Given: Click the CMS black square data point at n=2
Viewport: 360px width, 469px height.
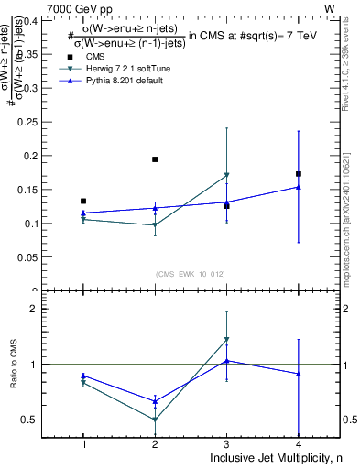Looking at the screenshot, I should tap(155, 159).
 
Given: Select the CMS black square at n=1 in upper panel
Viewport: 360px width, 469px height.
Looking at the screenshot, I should tap(83, 201).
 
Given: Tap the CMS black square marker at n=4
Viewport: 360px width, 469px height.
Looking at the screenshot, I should tap(299, 173).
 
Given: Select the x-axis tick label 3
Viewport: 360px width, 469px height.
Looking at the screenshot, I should tap(227, 443).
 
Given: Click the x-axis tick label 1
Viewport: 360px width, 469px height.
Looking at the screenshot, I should tap(83, 443).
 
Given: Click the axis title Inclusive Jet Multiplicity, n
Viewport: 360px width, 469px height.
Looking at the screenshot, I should tap(274, 457).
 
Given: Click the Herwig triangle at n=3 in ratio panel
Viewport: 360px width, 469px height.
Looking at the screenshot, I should tap(226, 340).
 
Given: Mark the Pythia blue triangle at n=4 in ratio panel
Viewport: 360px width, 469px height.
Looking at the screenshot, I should tap(299, 374).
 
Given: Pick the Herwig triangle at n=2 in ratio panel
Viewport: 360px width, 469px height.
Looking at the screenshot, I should tap(155, 420).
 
